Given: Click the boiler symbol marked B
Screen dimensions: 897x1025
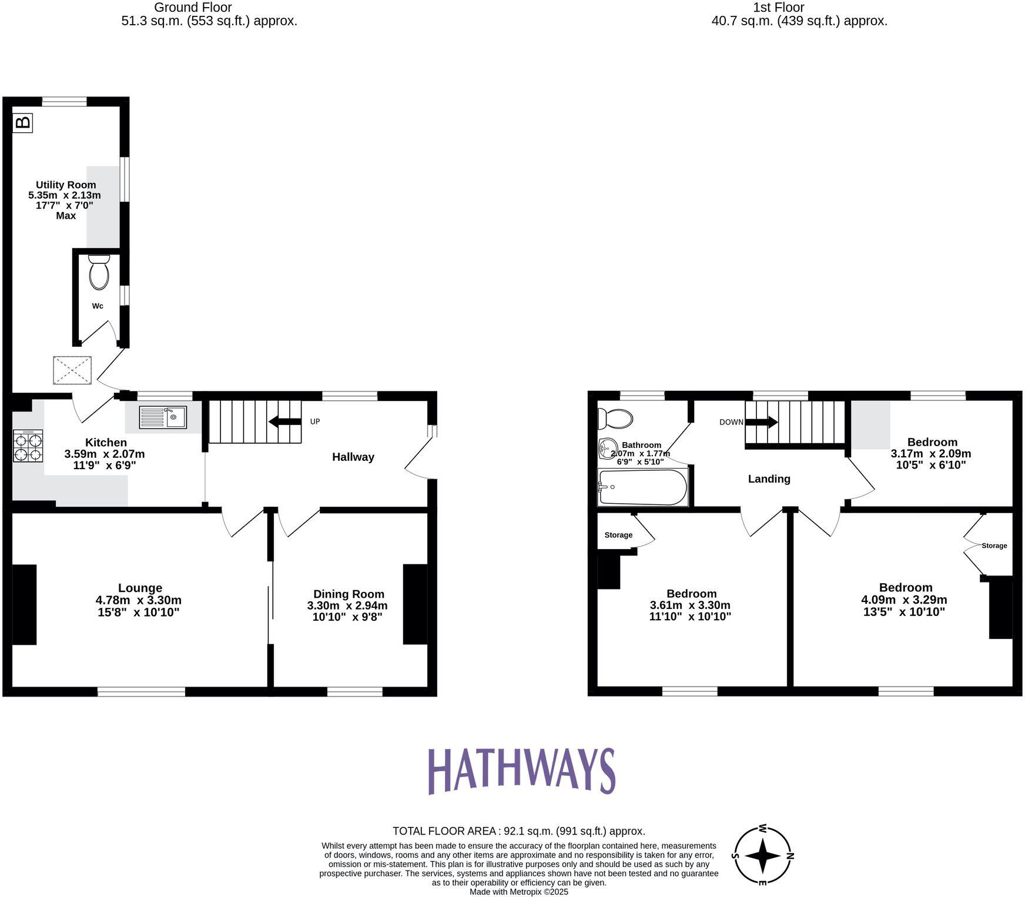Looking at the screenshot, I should (23, 123).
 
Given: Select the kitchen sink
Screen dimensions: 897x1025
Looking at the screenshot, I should (163, 417).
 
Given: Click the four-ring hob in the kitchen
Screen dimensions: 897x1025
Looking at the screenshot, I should (28, 446).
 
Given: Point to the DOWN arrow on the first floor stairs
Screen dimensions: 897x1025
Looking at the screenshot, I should (762, 422).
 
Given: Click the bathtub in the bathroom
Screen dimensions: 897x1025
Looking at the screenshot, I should (642, 487).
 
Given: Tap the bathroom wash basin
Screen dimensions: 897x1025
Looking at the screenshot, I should (607, 449).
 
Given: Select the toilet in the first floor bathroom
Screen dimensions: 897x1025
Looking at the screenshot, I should (615, 419).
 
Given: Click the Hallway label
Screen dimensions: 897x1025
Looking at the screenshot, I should (353, 457).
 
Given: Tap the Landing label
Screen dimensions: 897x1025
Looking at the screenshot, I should (769, 479).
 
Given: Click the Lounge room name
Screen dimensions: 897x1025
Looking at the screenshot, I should (140, 588).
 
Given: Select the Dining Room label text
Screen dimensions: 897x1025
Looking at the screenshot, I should (349, 594).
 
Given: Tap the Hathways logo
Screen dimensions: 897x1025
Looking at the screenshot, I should (521, 771).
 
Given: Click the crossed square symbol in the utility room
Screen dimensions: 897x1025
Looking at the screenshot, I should (72, 370).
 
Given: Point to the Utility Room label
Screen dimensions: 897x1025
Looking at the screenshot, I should (66, 185).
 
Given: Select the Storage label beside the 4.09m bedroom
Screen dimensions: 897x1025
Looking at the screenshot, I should (994, 545).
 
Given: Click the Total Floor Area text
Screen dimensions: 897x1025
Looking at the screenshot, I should (518, 831).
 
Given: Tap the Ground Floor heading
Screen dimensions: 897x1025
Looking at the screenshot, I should (193, 8).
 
